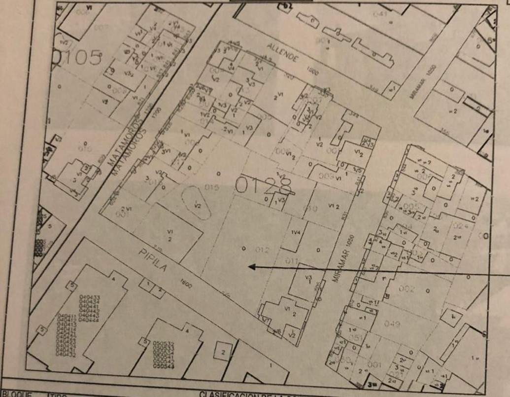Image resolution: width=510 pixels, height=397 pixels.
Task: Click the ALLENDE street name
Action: pos(283,52)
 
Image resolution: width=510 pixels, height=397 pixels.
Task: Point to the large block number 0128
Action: pos(264,186)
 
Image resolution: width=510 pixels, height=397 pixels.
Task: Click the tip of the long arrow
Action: pos(249,267)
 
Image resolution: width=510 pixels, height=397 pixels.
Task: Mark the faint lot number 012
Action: pos(262,250)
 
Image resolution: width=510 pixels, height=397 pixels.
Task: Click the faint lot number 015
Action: pos(212,187)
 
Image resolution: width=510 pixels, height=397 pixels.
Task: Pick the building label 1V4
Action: pos(296,232)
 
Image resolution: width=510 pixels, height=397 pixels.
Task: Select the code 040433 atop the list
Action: pos(90,297)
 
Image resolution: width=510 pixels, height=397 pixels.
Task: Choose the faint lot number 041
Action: pos(380,14)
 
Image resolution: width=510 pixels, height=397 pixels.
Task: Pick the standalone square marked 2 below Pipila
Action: pos(223,352)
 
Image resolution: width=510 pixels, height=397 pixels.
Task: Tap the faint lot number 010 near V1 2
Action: pos(310,208)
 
